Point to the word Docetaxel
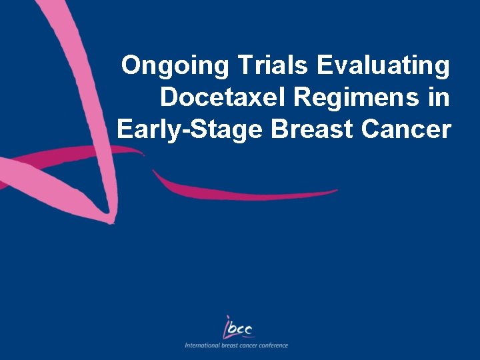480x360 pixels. (216, 97)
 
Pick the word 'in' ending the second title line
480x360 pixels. (439, 97)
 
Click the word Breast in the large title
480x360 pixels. (311, 129)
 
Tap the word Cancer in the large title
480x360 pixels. (407, 129)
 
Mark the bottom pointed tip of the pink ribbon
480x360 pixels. (113, 220)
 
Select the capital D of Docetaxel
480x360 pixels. (169, 97)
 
